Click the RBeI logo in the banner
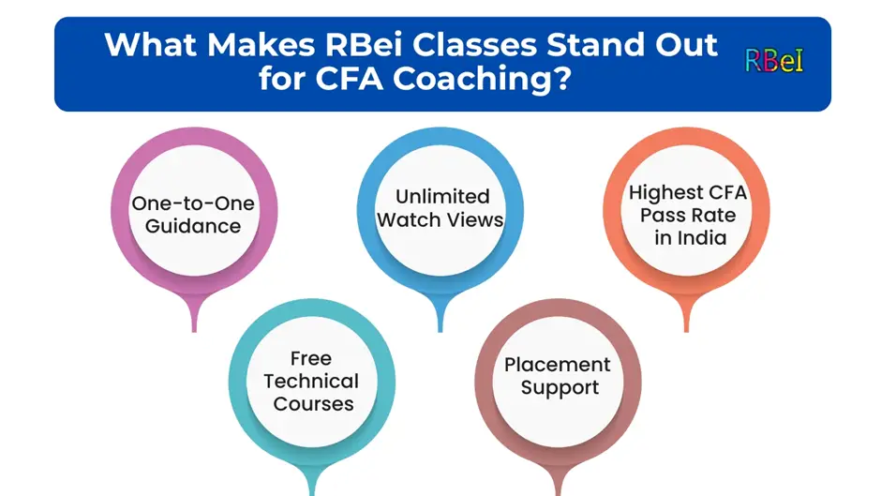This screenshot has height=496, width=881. coord(774,61)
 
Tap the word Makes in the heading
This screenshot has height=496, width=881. coord(261,45)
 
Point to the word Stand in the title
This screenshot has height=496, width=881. coord(596,45)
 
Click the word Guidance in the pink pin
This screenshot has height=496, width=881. coord(193,227)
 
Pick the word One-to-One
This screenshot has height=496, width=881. coord(193,203)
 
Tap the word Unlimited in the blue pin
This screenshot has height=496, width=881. coord(442,196)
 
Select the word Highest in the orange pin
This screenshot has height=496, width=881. coord(660,193)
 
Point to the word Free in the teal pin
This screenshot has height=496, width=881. coord(311,358)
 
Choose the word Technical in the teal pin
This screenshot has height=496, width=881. coord(311,382)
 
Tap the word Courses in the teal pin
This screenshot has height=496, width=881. coord(313,404)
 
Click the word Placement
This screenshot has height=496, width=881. coord(557,365)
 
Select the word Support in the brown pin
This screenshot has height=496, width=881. coord(560,388)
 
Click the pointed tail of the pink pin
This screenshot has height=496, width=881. coord(194,329)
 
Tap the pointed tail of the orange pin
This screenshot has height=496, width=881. coord(686,329)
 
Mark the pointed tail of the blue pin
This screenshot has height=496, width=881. coord(440,329)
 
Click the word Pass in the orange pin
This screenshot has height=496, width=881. coord(661,216)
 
